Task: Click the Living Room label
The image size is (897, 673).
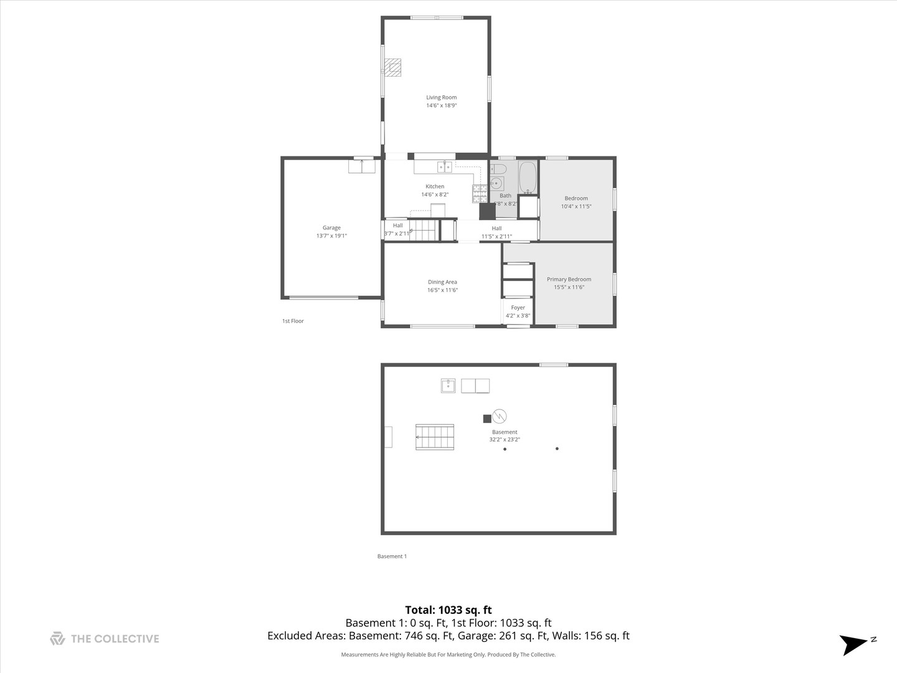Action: (441, 97)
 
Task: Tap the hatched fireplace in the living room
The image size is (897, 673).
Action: (393, 67)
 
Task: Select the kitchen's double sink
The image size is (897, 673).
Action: (444, 166)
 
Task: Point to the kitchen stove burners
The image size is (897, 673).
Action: (480, 194)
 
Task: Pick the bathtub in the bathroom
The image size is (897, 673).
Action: (528, 177)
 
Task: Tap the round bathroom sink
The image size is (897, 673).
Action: (496, 183)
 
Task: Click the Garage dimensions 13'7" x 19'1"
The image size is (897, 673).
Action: (331, 236)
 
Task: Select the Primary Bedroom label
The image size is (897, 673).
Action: (569, 279)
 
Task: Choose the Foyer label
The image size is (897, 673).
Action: (518, 308)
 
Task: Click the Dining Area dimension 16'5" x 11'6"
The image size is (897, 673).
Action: (442, 290)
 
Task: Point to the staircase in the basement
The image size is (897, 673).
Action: (435, 437)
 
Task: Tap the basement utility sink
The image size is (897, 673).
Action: (448, 386)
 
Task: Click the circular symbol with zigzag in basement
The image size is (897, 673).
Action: (499, 416)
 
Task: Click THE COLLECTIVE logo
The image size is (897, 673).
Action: (105, 639)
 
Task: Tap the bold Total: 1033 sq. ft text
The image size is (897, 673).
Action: (448, 610)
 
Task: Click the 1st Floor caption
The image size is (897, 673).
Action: (293, 321)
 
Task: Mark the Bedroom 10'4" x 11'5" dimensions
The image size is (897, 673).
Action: (576, 206)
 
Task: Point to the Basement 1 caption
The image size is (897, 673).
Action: (392, 556)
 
